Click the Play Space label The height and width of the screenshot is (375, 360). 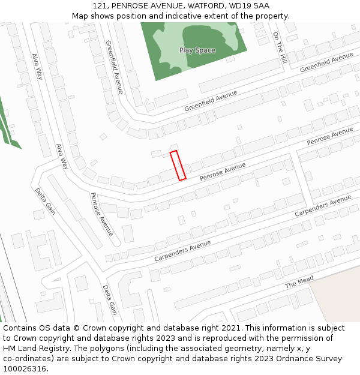[x=197, y=50]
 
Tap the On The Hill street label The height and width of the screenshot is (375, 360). [x=280, y=48]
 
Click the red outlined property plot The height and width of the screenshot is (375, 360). [x=178, y=166]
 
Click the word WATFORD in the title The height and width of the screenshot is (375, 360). [x=205, y=5]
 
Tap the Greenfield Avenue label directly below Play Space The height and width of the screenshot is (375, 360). [x=211, y=100]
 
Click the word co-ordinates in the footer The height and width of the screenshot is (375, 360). [x=28, y=358]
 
